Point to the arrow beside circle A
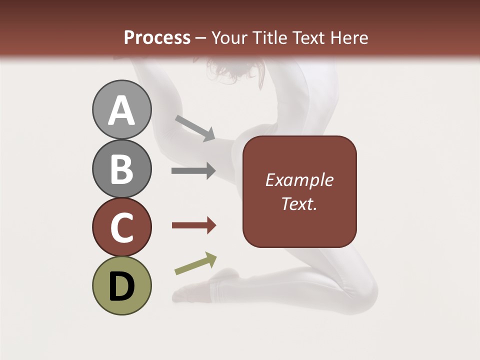coord(195,128)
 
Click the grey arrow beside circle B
coord(193,171)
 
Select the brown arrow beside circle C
coord(193,225)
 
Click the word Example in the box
coord(299,180)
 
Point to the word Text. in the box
coord(299,203)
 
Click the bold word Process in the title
coord(157,37)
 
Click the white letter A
coord(121,111)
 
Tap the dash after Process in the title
coord(201,38)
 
